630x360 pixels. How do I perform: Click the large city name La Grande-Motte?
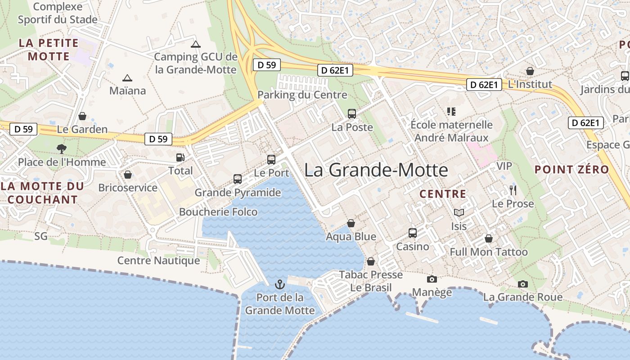[376, 170]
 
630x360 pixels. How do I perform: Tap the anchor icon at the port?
[280, 284]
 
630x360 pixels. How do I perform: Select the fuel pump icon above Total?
[180, 157]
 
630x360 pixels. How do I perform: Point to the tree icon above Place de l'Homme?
[62, 149]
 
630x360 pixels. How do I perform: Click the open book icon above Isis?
[459, 212]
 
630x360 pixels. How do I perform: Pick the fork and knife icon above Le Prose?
[513, 190]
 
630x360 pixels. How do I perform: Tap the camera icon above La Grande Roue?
[522, 284]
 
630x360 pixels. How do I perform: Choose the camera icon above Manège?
[432, 279]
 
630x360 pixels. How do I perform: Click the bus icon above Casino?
[413, 233]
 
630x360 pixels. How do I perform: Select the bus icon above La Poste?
[352, 114]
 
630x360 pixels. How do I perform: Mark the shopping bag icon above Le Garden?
[82, 116]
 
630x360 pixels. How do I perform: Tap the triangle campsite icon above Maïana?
[127, 78]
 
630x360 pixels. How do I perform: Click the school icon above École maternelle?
[451, 111]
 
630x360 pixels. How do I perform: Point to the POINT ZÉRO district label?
[571, 170]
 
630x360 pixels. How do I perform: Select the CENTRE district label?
[443, 194]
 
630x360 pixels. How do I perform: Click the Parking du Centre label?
[302, 95]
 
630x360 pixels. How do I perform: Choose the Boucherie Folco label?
[218, 212]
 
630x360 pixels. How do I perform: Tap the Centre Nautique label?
[158, 261]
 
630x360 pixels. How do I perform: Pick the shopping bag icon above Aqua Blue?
[351, 223]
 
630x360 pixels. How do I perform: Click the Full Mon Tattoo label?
[489, 252]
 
